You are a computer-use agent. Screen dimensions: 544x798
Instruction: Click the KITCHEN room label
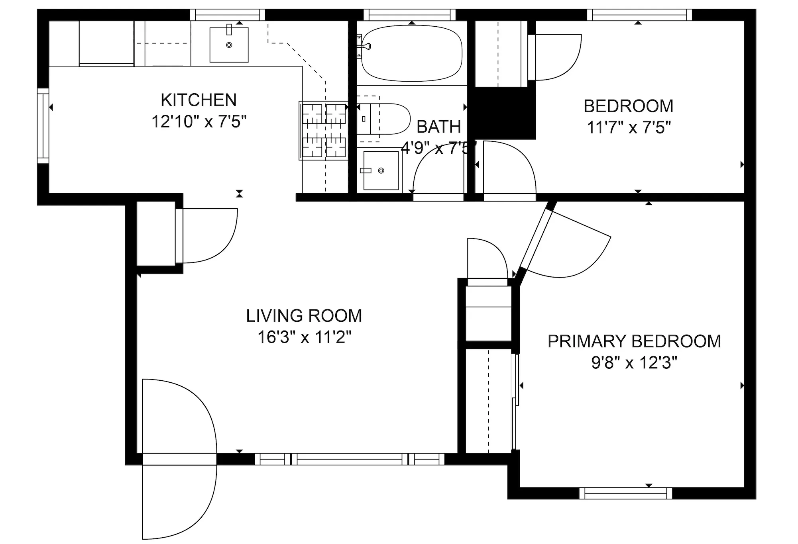199,100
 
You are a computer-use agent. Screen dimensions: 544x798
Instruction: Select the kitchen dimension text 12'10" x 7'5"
199,121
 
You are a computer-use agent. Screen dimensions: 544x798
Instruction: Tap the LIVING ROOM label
304,316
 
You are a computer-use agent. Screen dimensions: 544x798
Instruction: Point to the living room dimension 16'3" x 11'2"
304,337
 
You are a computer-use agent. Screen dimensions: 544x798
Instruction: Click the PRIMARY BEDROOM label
634,341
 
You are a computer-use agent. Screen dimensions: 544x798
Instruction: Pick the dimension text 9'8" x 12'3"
634,363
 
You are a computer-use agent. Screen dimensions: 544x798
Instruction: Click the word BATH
438,127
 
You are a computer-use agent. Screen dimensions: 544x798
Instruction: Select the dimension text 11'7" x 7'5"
629,127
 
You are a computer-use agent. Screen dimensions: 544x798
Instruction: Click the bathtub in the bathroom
411,53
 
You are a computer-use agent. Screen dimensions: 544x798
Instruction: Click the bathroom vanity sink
381,170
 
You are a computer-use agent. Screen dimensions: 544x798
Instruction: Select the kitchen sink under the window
229,45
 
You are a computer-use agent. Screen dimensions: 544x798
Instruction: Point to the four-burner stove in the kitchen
323,130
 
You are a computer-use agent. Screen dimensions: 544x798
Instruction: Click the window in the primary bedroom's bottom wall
625,493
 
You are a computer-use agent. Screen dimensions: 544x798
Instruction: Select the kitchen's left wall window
43,126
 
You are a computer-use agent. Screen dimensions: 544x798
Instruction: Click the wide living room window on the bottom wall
349,459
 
